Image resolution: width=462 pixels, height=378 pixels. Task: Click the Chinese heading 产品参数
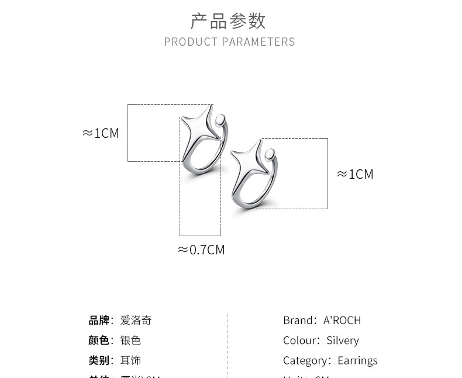point(228,21)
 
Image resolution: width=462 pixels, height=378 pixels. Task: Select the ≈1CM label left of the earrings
point(101,133)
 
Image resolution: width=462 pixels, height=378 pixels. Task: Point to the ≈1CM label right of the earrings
point(355,174)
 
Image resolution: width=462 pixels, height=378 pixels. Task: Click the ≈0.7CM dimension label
point(201,250)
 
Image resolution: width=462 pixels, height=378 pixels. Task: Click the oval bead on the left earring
point(220,120)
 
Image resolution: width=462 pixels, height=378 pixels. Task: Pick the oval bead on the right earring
point(270,155)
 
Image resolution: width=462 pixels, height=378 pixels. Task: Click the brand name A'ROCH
point(342,320)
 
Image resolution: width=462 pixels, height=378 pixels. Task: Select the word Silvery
point(343,340)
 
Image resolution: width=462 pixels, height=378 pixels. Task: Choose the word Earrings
point(357,360)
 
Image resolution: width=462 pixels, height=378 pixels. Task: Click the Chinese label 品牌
point(99,321)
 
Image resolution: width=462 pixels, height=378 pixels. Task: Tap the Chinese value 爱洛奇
point(136,321)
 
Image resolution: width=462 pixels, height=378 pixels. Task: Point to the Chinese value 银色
point(130,340)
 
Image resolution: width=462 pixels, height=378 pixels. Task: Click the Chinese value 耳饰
point(130,360)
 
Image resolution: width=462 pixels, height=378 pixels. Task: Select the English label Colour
point(299,340)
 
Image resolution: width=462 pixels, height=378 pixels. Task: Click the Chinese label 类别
point(99,360)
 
